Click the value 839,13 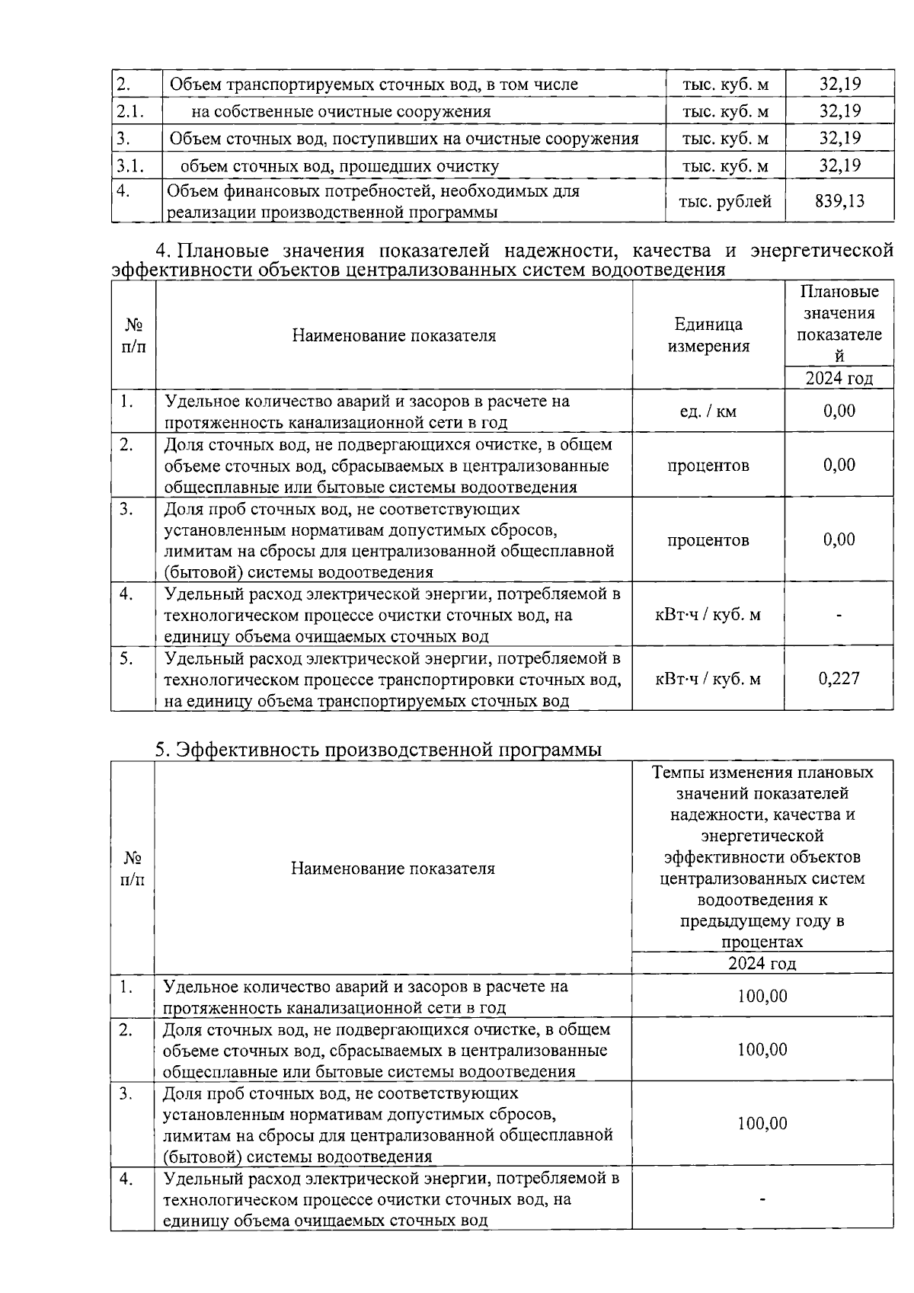pyautogui.click(x=839, y=201)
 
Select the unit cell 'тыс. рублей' pyautogui.click(x=724, y=201)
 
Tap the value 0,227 pyautogui.click(x=839, y=678)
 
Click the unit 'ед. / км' pyautogui.click(x=708, y=411)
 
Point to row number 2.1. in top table pyautogui.click(x=130, y=111)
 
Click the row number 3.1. pyautogui.click(x=130, y=165)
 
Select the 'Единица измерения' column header pyautogui.click(x=708, y=335)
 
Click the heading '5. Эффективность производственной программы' pyautogui.click(x=379, y=750)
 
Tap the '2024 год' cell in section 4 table pyautogui.click(x=839, y=379)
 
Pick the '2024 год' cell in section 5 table pyautogui.click(x=762, y=963)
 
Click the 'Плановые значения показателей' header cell pyautogui.click(x=839, y=323)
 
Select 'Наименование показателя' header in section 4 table pyautogui.click(x=394, y=335)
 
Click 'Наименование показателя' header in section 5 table pyautogui.click(x=392, y=869)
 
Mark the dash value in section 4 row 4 pyautogui.click(x=839, y=615)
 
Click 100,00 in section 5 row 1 pyautogui.click(x=762, y=996)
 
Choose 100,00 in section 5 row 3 pyautogui.click(x=762, y=1123)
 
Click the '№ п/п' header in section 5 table pyautogui.click(x=133, y=869)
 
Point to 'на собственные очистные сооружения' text pyautogui.click(x=340, y=111)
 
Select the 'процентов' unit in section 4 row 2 pyautogui.click(x=708, y=465)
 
